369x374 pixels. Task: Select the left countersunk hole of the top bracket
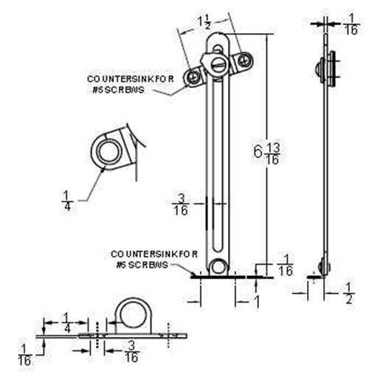195,75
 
